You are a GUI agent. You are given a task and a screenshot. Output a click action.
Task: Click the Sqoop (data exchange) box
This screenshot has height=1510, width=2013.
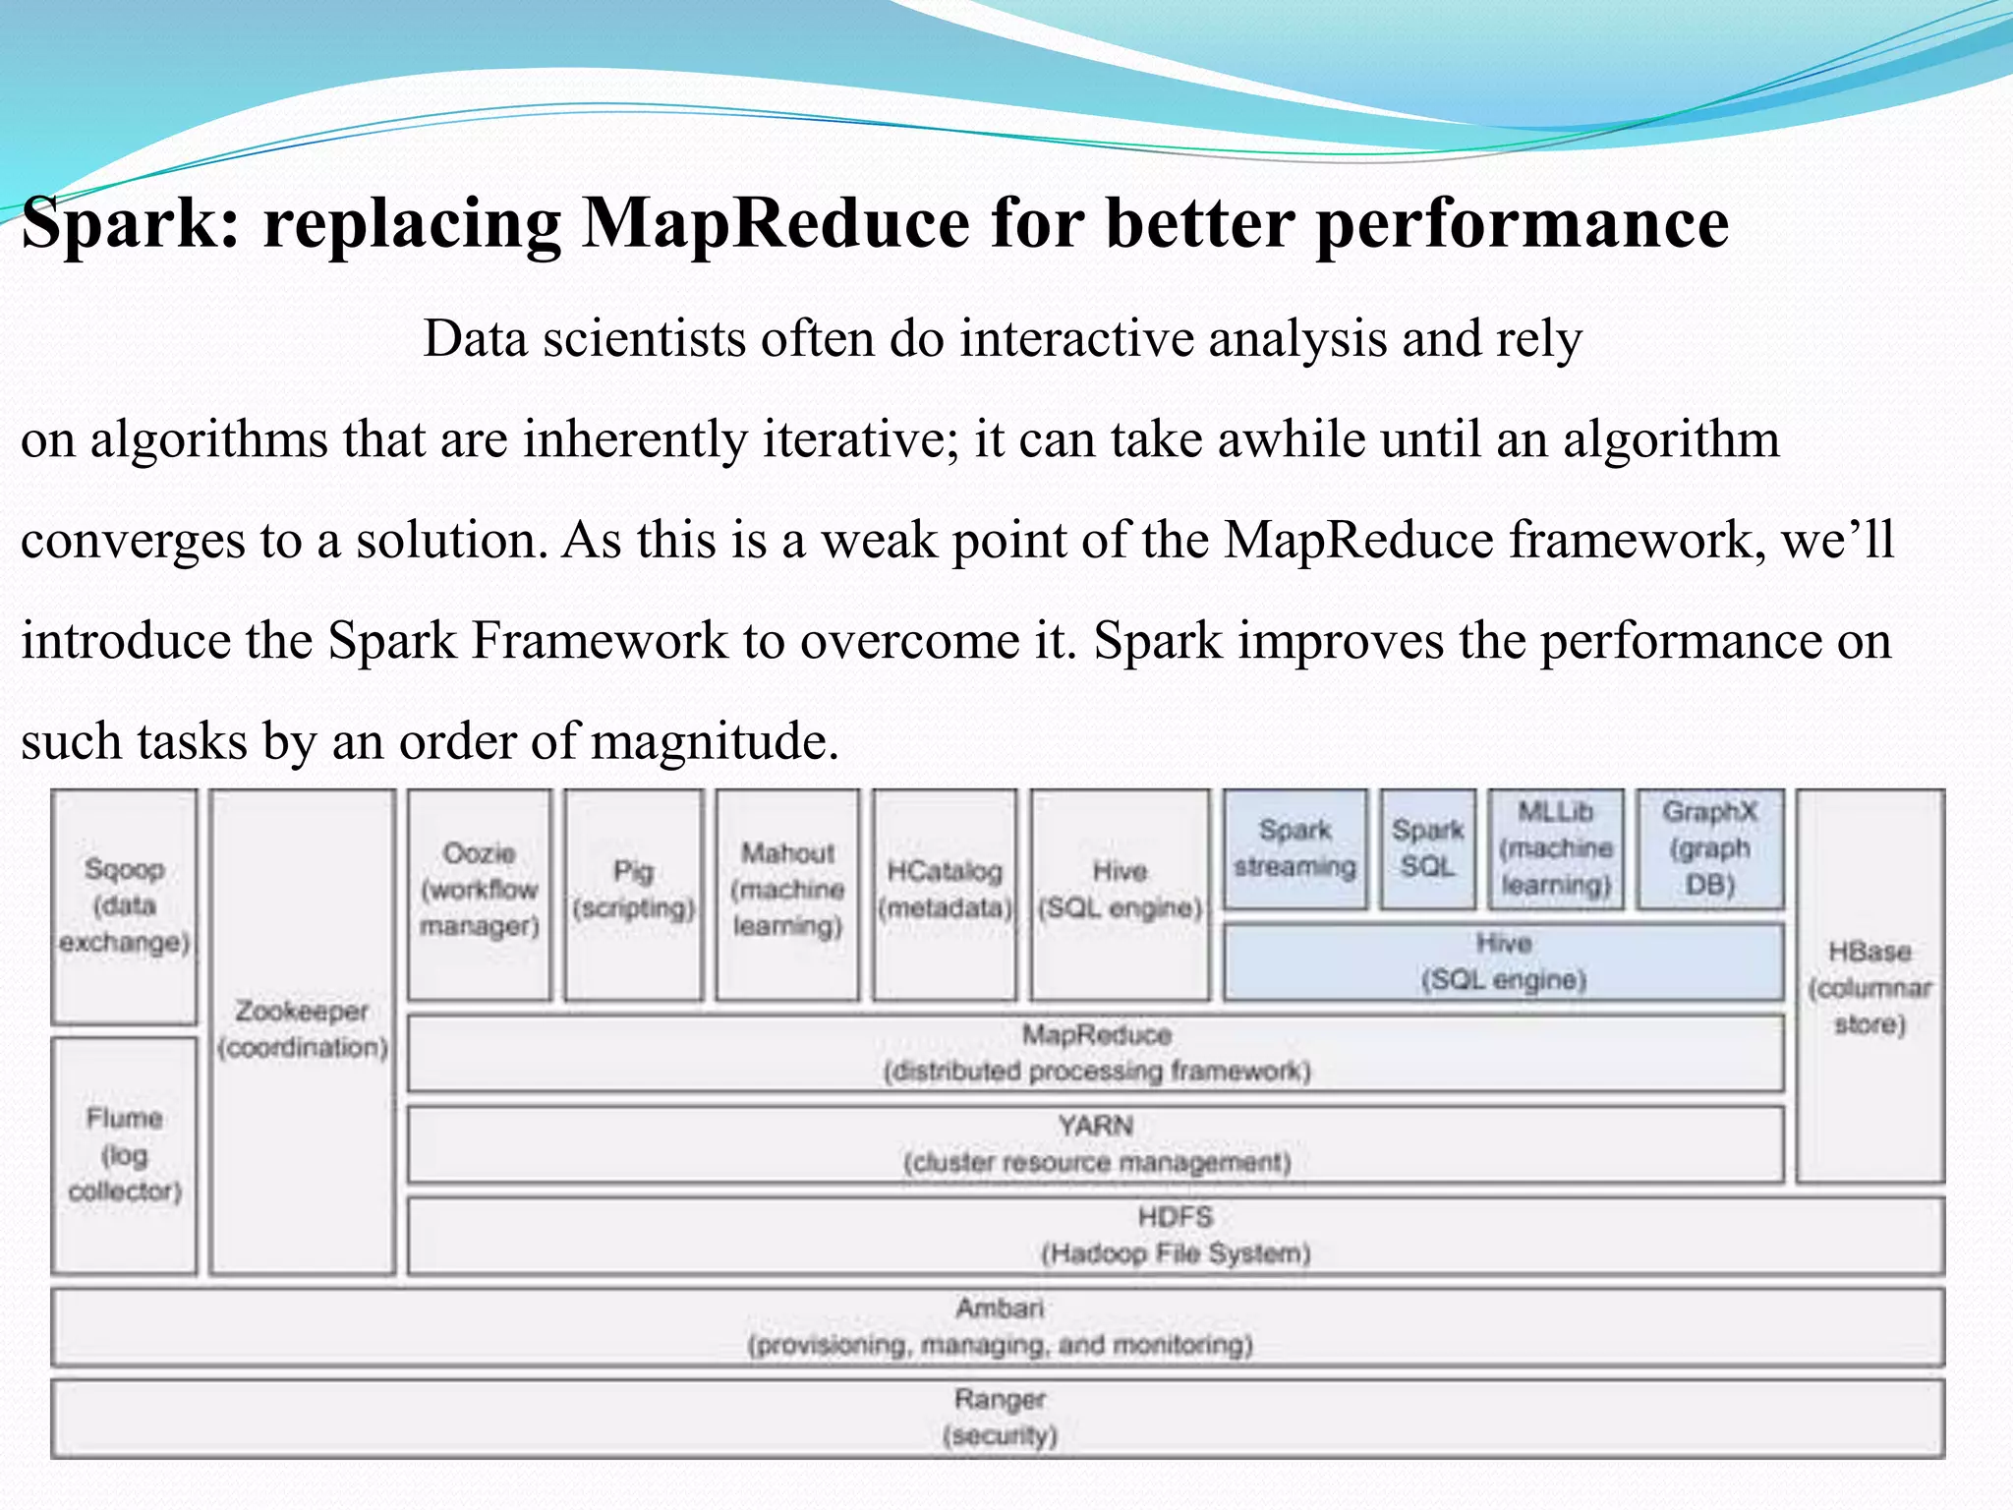pyautogui.click(x=124, y=905)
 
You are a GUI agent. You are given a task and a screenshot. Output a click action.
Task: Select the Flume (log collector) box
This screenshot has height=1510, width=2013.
pyautogui.click(x=124, y=1154)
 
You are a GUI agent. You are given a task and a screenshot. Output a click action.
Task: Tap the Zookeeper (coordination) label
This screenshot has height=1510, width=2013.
pyautogui.click(x=303, y=1029)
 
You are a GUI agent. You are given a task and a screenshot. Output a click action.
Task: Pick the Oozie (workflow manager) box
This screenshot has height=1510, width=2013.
pyautogui.click(x=480, y=890)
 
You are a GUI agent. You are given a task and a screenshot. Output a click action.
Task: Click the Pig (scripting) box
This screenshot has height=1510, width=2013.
pyautogui.click(x=634, y=890)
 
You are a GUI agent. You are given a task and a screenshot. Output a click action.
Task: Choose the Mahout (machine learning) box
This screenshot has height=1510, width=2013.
pyautogui.click(x=787, y=890)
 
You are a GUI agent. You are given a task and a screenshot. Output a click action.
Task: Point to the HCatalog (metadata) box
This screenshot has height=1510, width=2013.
pyautogui.click(x=945, y=890)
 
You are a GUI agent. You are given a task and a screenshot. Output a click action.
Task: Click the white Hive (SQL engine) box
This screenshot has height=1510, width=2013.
pyautogui.click(x=1120, y=890)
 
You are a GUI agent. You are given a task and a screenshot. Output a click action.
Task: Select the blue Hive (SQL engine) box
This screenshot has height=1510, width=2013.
pyautogui.click(x=1503, y=961)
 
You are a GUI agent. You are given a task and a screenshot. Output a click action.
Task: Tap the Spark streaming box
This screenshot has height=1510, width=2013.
pyautogui.click(x=1294, y=848)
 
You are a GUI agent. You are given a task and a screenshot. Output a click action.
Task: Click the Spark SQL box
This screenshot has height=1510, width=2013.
pyautogui.click(x=1427, y=848)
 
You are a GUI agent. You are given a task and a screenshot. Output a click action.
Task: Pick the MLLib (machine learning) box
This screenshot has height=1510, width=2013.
pyautogui.click(x=1555, y=848)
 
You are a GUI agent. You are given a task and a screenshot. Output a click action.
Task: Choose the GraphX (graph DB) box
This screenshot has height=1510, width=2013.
pyautogui.click(x=1709, y=848)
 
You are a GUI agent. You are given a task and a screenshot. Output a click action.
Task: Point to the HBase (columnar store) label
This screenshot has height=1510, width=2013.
pyautogui.click(x=1869, y=987)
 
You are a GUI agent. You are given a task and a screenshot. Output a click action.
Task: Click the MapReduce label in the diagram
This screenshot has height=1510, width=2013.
pyautogui.click(x=1096, y=1035)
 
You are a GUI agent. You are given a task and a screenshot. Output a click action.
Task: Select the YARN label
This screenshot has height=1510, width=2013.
pyautogui.click(x=1096, y=1126)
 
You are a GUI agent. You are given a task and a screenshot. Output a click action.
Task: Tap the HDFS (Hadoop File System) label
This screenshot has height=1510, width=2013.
pyautogui.click(x=1176, y=1235)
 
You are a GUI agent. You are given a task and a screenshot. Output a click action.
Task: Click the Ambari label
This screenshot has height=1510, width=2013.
pyautogui.click(x=999, y=1308)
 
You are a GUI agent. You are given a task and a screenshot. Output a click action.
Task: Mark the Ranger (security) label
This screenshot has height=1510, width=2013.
pyautogui.click(x=999, y=1417)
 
